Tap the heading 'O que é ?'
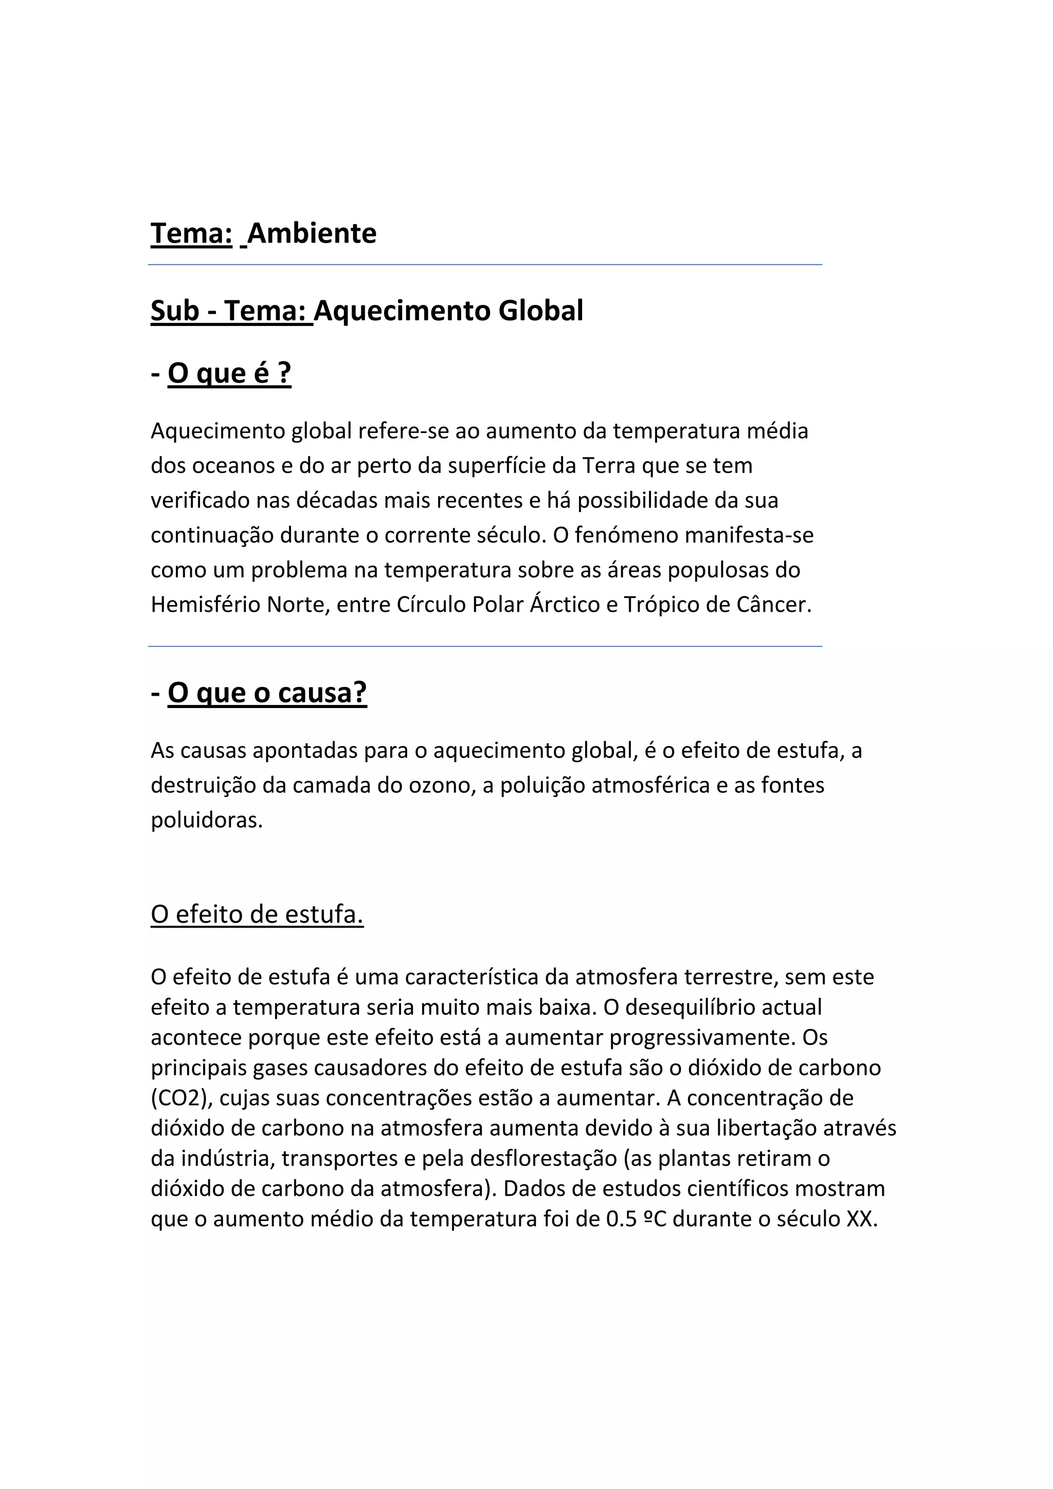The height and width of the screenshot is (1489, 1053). (229, 374)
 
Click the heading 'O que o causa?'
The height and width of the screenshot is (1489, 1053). (267, 693)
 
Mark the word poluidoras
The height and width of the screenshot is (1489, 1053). (207, 821)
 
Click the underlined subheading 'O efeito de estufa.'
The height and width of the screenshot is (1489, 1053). (257, 914)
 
